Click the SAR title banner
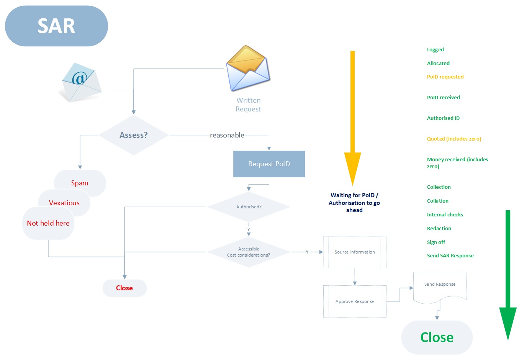56,26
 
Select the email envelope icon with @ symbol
81,82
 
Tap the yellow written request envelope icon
248,68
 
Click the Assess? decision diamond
133,135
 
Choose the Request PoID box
269,164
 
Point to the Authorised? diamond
249,207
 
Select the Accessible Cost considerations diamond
249,252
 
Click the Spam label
80,183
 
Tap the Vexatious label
64,203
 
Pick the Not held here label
48,223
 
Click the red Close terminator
124,288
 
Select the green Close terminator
437,337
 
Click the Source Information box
355,252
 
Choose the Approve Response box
355,301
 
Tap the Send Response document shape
440,285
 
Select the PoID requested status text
445,77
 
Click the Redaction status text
439,228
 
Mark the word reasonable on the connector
227,135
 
